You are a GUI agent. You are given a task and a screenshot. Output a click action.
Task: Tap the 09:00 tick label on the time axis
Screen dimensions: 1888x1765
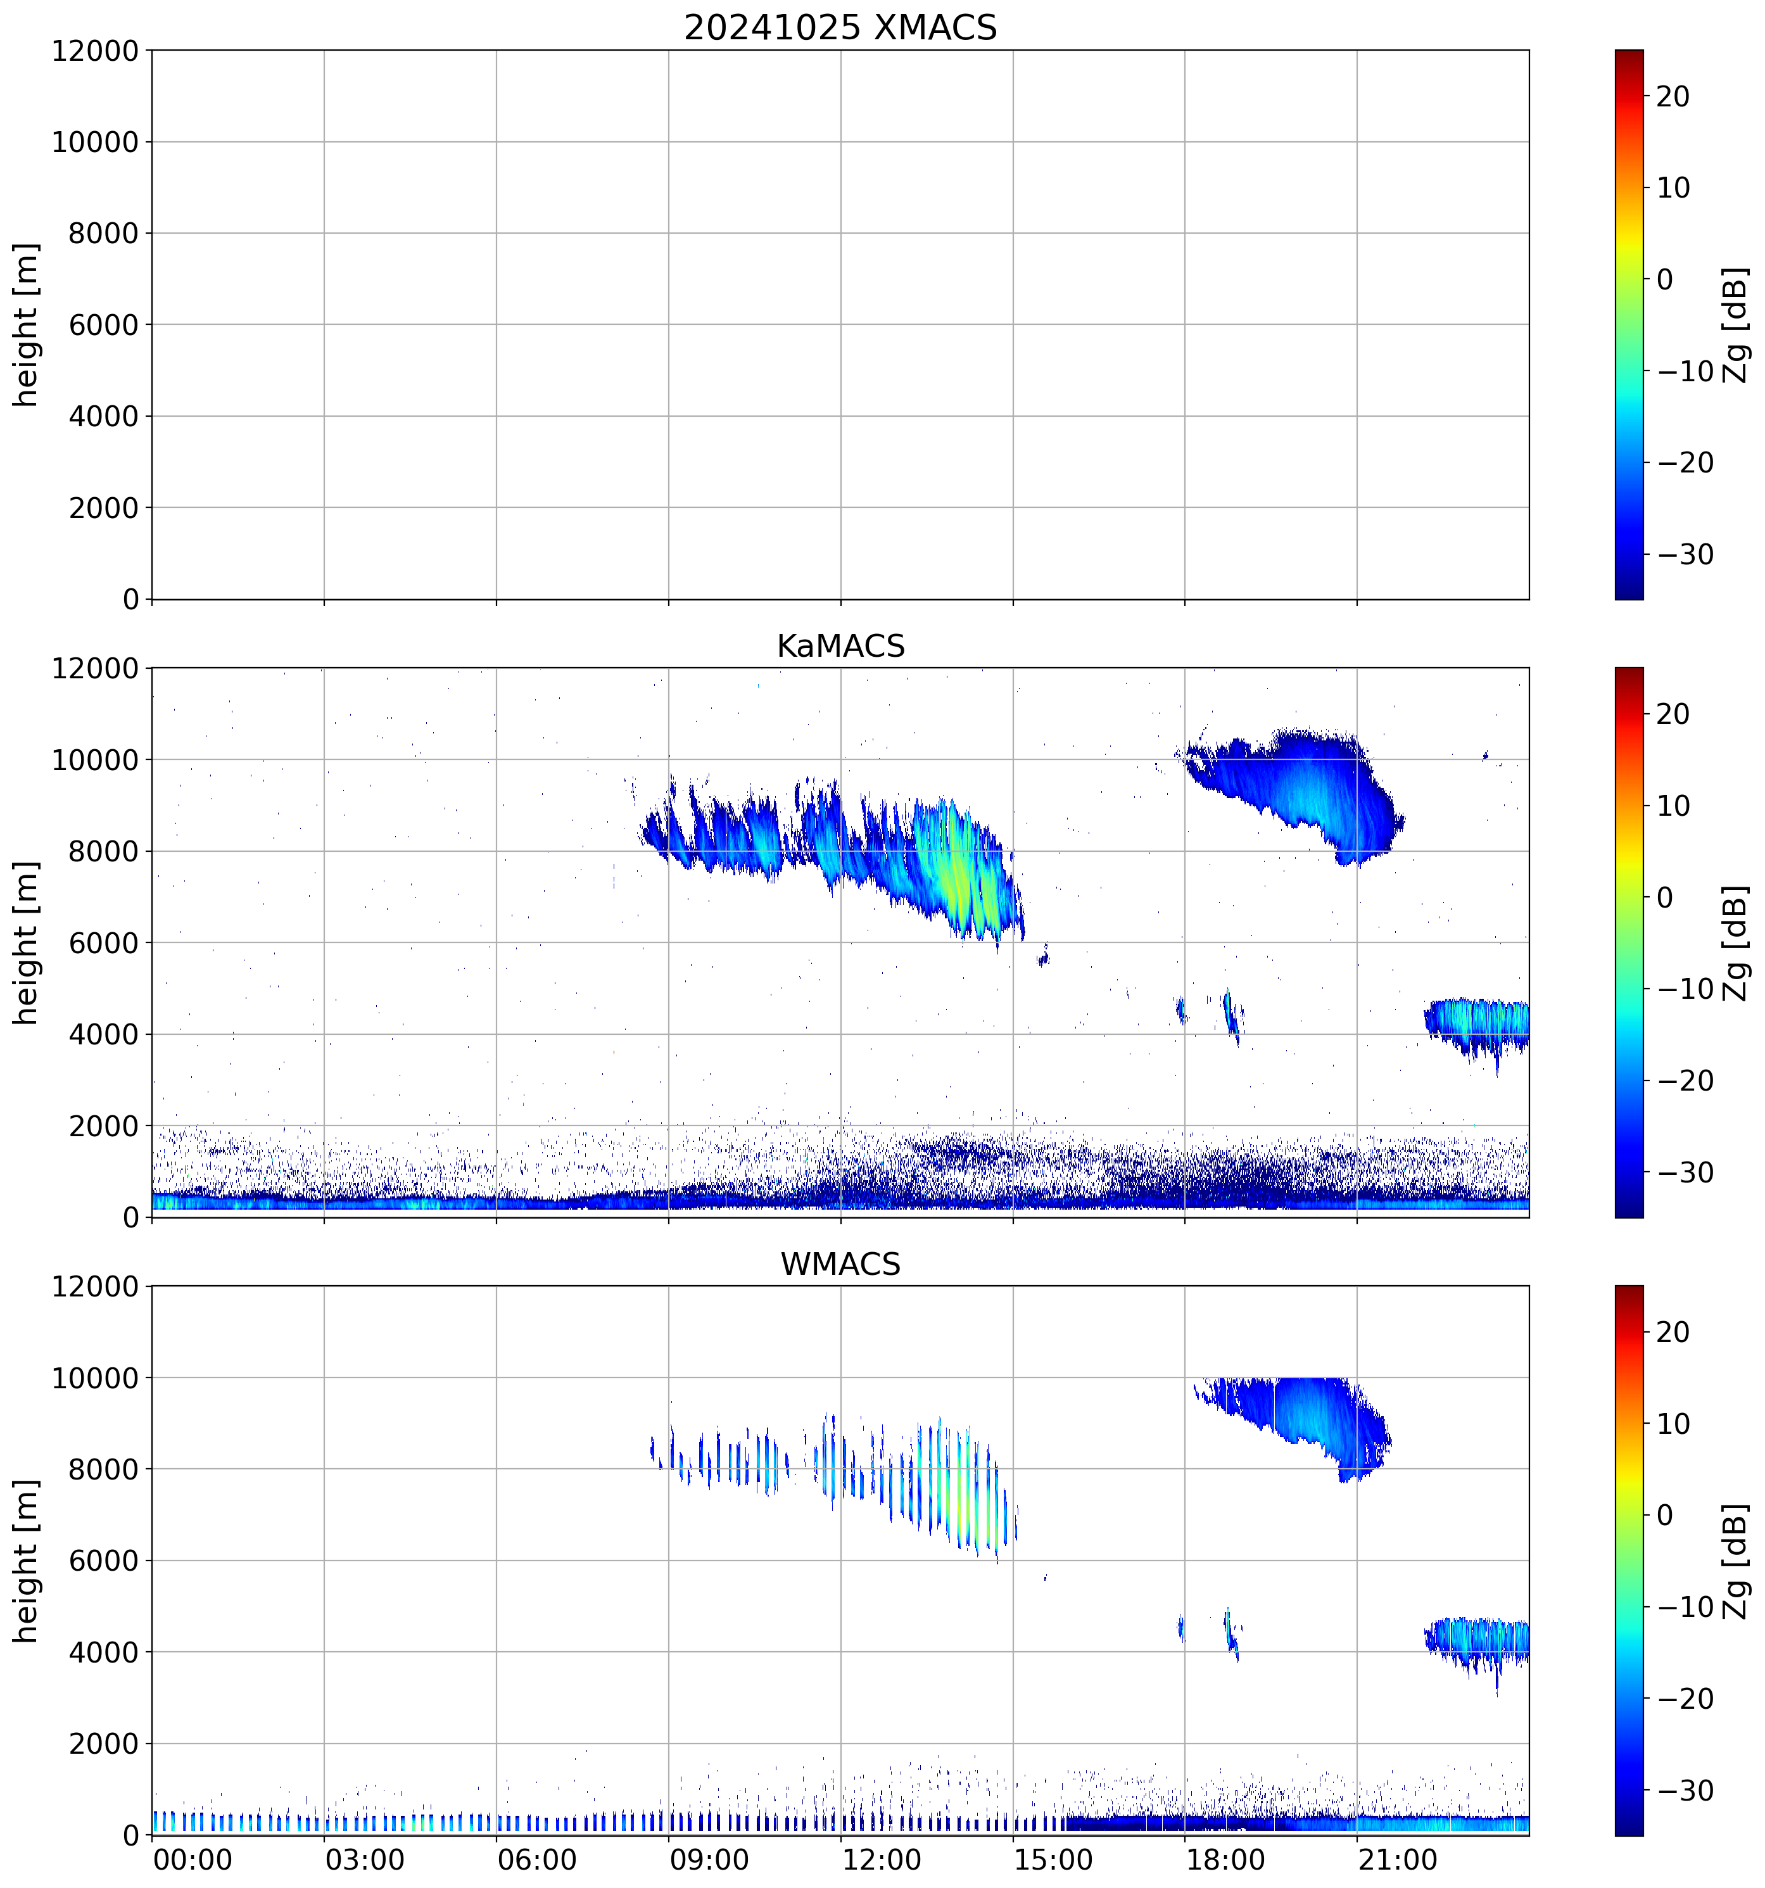(708, 1859)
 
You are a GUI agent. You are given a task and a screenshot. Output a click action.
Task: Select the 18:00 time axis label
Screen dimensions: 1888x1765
(1225, 1859)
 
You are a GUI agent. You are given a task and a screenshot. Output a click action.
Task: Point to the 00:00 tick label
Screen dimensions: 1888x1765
(193, 1859)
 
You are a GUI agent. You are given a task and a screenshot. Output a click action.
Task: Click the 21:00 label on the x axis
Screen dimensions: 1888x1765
(1396, 1859)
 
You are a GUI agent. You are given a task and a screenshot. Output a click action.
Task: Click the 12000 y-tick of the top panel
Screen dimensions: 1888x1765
(95, 51)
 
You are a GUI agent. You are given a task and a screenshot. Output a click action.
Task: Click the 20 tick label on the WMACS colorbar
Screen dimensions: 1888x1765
(1673, 1333)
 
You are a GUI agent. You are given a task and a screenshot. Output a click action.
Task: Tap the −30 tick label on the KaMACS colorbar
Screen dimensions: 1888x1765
(1685, 1172)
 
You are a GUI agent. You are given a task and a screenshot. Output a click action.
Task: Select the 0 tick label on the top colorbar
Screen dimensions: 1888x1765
(1664, 279)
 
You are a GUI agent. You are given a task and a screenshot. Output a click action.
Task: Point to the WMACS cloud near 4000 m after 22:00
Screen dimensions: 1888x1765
(1476, 1638)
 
